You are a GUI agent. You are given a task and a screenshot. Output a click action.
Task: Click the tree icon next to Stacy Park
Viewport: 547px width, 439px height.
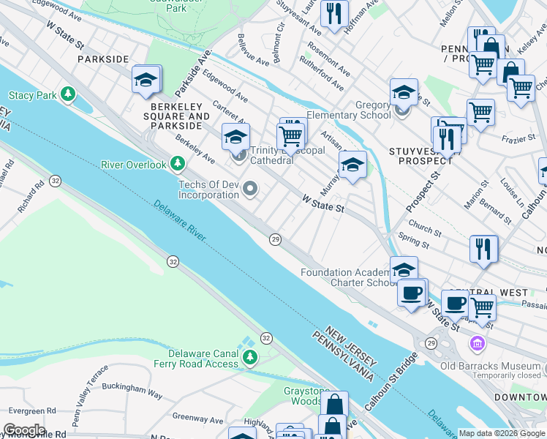(68, 94)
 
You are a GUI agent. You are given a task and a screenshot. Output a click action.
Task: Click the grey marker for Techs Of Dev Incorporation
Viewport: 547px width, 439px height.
(250, 190)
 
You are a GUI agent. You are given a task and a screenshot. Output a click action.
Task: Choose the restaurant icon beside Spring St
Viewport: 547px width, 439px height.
(483, 248)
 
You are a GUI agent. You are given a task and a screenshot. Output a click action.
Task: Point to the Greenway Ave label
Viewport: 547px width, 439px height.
(197, 420)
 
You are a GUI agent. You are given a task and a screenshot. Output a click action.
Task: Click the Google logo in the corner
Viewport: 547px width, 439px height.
(23, 430)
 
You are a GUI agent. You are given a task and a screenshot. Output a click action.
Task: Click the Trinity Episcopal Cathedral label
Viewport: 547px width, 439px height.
(287, 155)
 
